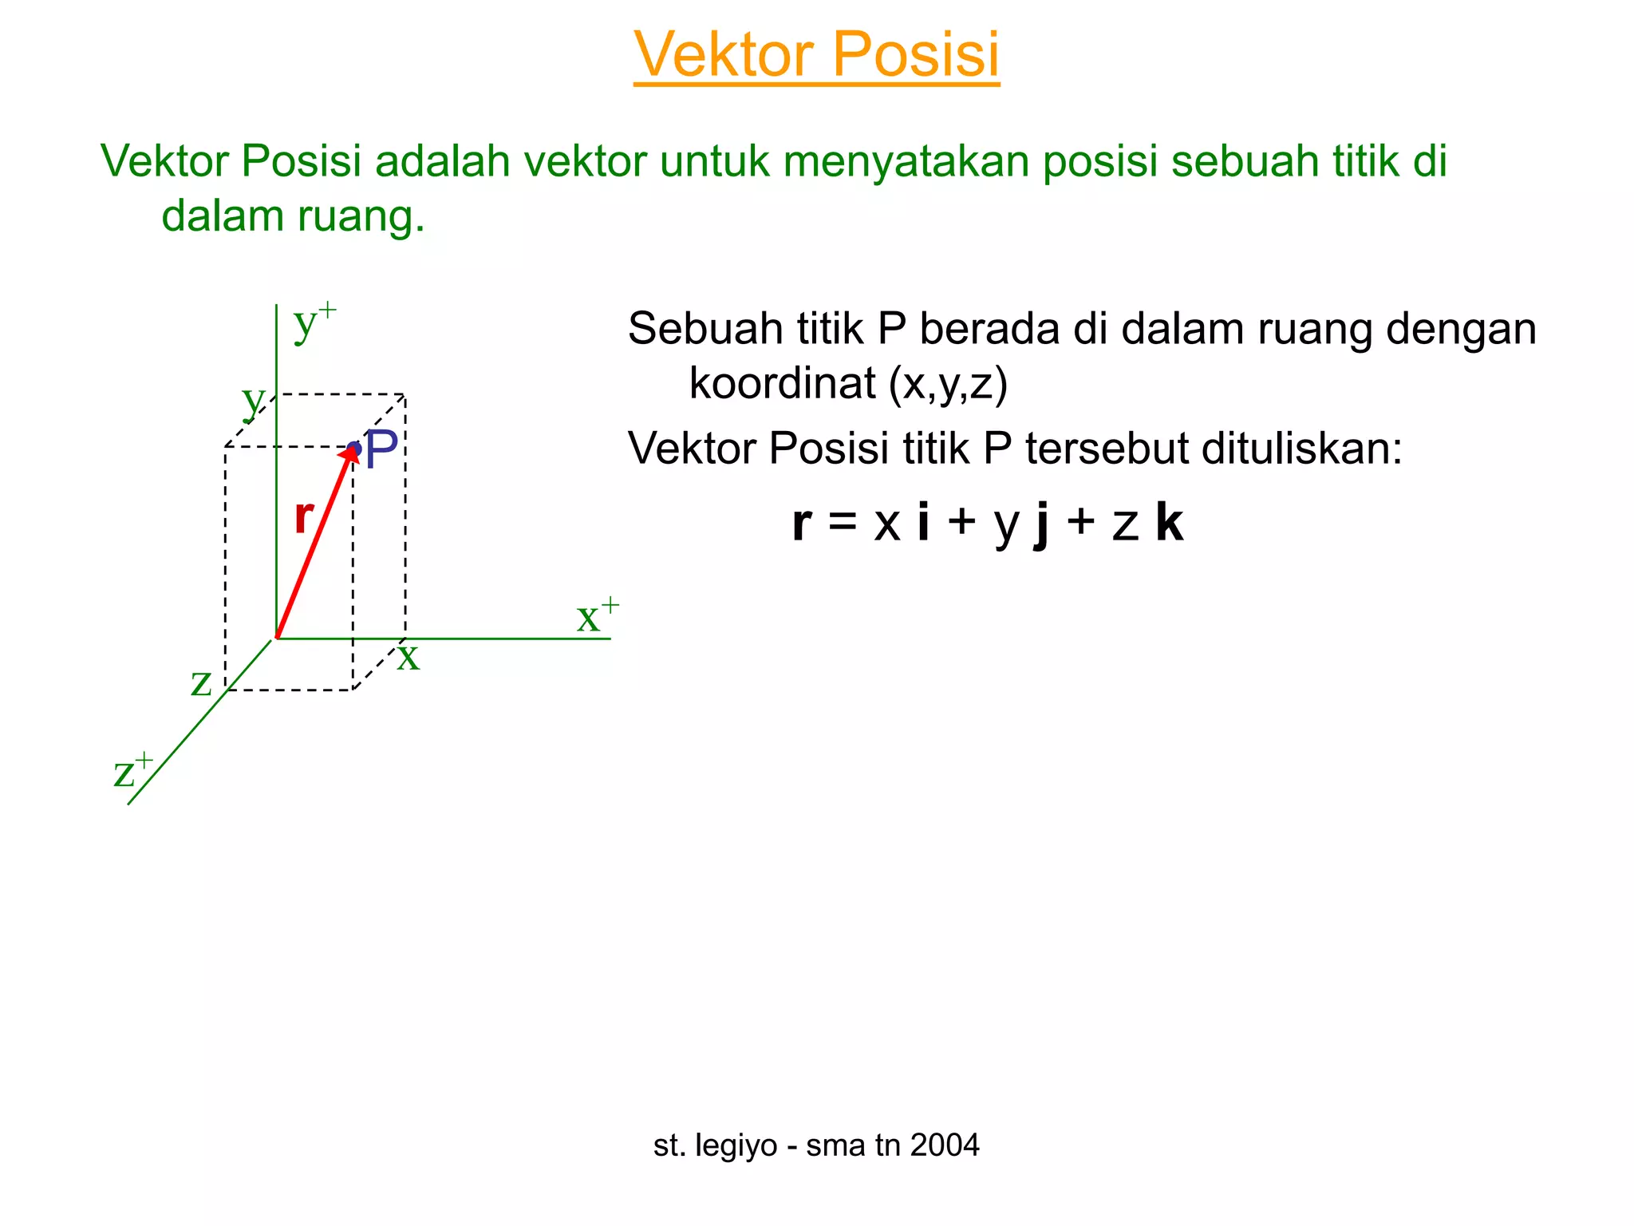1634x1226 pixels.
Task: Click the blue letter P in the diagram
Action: (381, 450)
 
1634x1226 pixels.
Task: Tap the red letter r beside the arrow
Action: (304, 516)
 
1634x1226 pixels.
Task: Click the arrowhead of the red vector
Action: (350, 453)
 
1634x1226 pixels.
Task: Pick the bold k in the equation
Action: (1169, 523)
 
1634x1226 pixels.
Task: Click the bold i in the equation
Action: (923, 523)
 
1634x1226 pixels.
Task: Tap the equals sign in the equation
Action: (843, 524)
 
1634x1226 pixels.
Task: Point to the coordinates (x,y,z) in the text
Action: (949, 385)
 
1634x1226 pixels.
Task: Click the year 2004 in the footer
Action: (945, 1145)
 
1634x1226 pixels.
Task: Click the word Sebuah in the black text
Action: (705, 329)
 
